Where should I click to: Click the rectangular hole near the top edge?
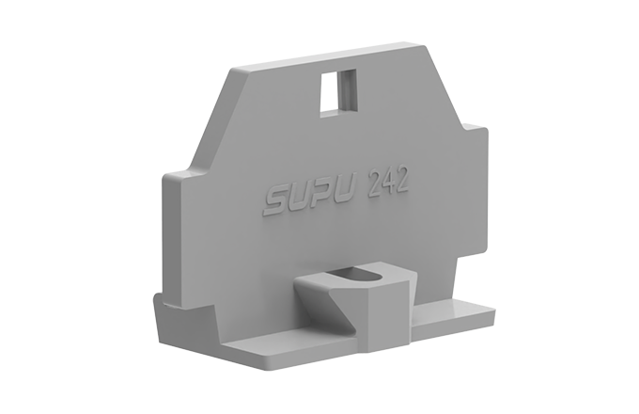tap(338, 89)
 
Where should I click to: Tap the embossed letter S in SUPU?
tap(274, 199)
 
